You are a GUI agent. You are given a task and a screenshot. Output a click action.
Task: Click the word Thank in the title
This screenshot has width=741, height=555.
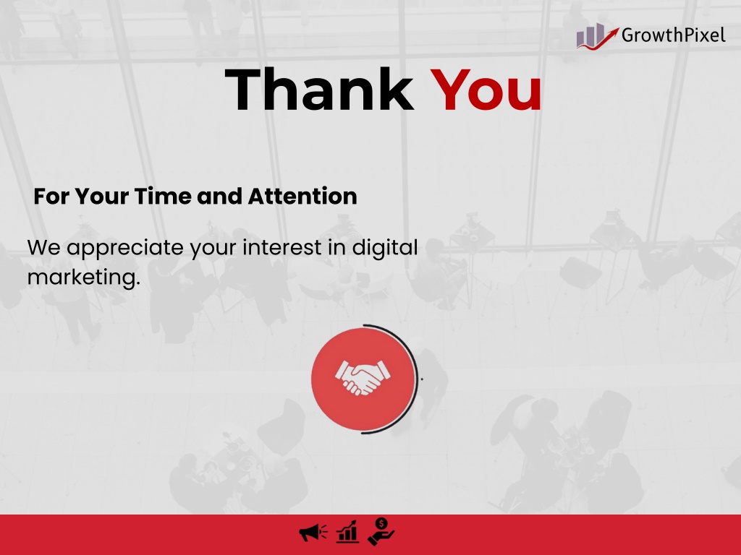point(319,89)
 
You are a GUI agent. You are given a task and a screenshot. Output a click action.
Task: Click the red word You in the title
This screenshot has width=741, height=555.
point(486,90)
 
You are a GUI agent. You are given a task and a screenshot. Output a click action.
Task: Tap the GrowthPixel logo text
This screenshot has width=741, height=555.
point(674,35)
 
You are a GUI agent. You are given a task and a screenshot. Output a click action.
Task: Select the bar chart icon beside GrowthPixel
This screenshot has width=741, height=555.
point(597,36)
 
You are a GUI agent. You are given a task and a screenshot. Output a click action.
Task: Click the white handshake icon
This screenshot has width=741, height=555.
point(363,377)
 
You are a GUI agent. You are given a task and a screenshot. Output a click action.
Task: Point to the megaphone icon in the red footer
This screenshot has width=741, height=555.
point(313,533)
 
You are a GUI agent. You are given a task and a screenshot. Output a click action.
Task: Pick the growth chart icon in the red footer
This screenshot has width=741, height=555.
point(347,532)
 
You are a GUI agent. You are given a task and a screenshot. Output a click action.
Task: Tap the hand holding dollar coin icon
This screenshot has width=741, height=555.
point(381,531)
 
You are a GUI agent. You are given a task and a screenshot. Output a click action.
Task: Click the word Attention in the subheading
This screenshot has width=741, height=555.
point(302,197)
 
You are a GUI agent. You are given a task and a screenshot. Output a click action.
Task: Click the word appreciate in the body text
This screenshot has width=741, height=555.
point(124,249)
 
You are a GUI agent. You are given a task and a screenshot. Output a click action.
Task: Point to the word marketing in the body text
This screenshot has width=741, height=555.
point(84,277)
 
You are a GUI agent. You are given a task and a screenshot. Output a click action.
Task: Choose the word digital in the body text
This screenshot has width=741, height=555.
point(385,249)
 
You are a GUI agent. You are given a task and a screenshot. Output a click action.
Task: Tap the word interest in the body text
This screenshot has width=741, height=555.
point(282,247)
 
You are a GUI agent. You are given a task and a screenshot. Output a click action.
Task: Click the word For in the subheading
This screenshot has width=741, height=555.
point(51,197)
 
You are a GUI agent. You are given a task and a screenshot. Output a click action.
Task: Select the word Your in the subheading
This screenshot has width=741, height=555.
point(101,197)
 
